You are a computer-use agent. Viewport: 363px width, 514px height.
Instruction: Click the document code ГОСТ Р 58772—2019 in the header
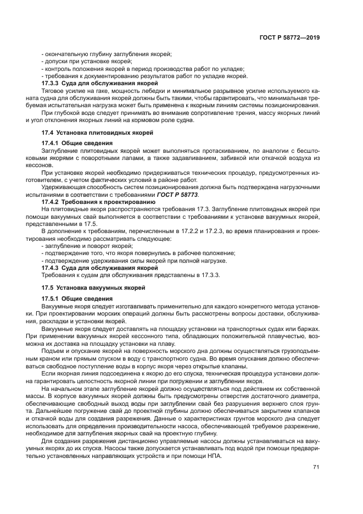click(289, 38)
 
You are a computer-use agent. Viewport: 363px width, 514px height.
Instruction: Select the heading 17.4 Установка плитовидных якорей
click(97, 133)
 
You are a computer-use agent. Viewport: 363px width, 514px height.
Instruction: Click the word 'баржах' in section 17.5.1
click(308, 328)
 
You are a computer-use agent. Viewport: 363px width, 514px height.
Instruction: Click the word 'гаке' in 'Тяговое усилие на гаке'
click(95, 90)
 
